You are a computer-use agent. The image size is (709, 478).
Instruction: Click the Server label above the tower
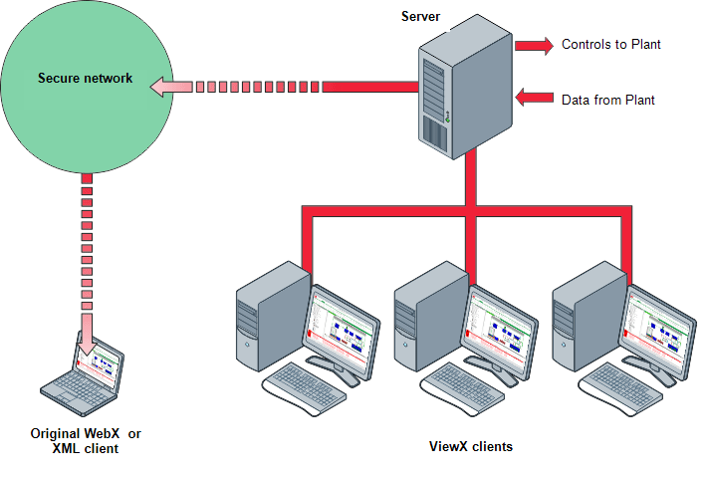[x=420, y=17]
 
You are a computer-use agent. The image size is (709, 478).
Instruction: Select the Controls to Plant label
[x=611, y=45]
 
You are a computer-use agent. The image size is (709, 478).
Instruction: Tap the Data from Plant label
[x=606, y=101]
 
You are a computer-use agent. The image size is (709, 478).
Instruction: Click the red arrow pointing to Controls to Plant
[x=534, y=45]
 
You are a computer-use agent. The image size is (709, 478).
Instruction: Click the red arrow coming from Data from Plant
[x=534, y=97]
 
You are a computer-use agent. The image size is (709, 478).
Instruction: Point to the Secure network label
[x=86, y=78]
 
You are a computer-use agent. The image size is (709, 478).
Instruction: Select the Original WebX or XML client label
[x=86, y=441]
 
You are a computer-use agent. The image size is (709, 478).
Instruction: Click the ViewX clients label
[x=464, y=447]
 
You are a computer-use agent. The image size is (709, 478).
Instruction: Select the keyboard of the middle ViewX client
[x=464, y=386]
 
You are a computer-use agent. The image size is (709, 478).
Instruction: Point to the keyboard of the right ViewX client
[x=621, y=386]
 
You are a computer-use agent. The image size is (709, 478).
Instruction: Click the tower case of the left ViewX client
[x=270, y=314]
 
